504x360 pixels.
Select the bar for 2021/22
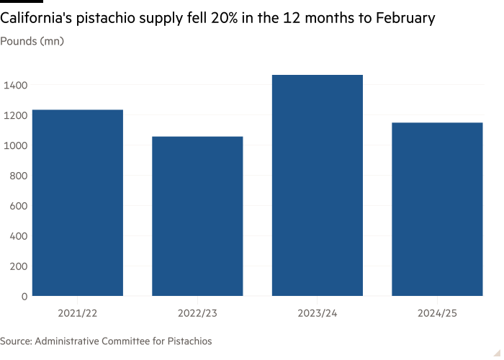click(77, 202)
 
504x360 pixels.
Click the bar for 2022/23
click(197, 216)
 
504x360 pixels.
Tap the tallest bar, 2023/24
click(317, 185)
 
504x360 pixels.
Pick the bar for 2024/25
click(437, 209)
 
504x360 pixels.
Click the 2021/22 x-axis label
click(77, 313)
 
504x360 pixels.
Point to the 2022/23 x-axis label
click(197, 313)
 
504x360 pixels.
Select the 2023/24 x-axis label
click(317, 313)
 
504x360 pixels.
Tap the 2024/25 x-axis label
click(437, 313)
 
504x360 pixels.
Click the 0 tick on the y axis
click(24, 296)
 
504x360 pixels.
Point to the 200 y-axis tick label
click(19, 266)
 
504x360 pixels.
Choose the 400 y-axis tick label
click(19, 236)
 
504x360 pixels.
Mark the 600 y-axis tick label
click(19, 206)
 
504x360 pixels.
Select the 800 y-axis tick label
click(19, 176)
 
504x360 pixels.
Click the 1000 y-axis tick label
click(17, 145)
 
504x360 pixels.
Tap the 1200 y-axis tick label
click(17, 115)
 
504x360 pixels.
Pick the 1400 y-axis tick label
click(17, 85)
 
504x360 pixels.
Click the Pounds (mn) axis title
click(32, 41)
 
